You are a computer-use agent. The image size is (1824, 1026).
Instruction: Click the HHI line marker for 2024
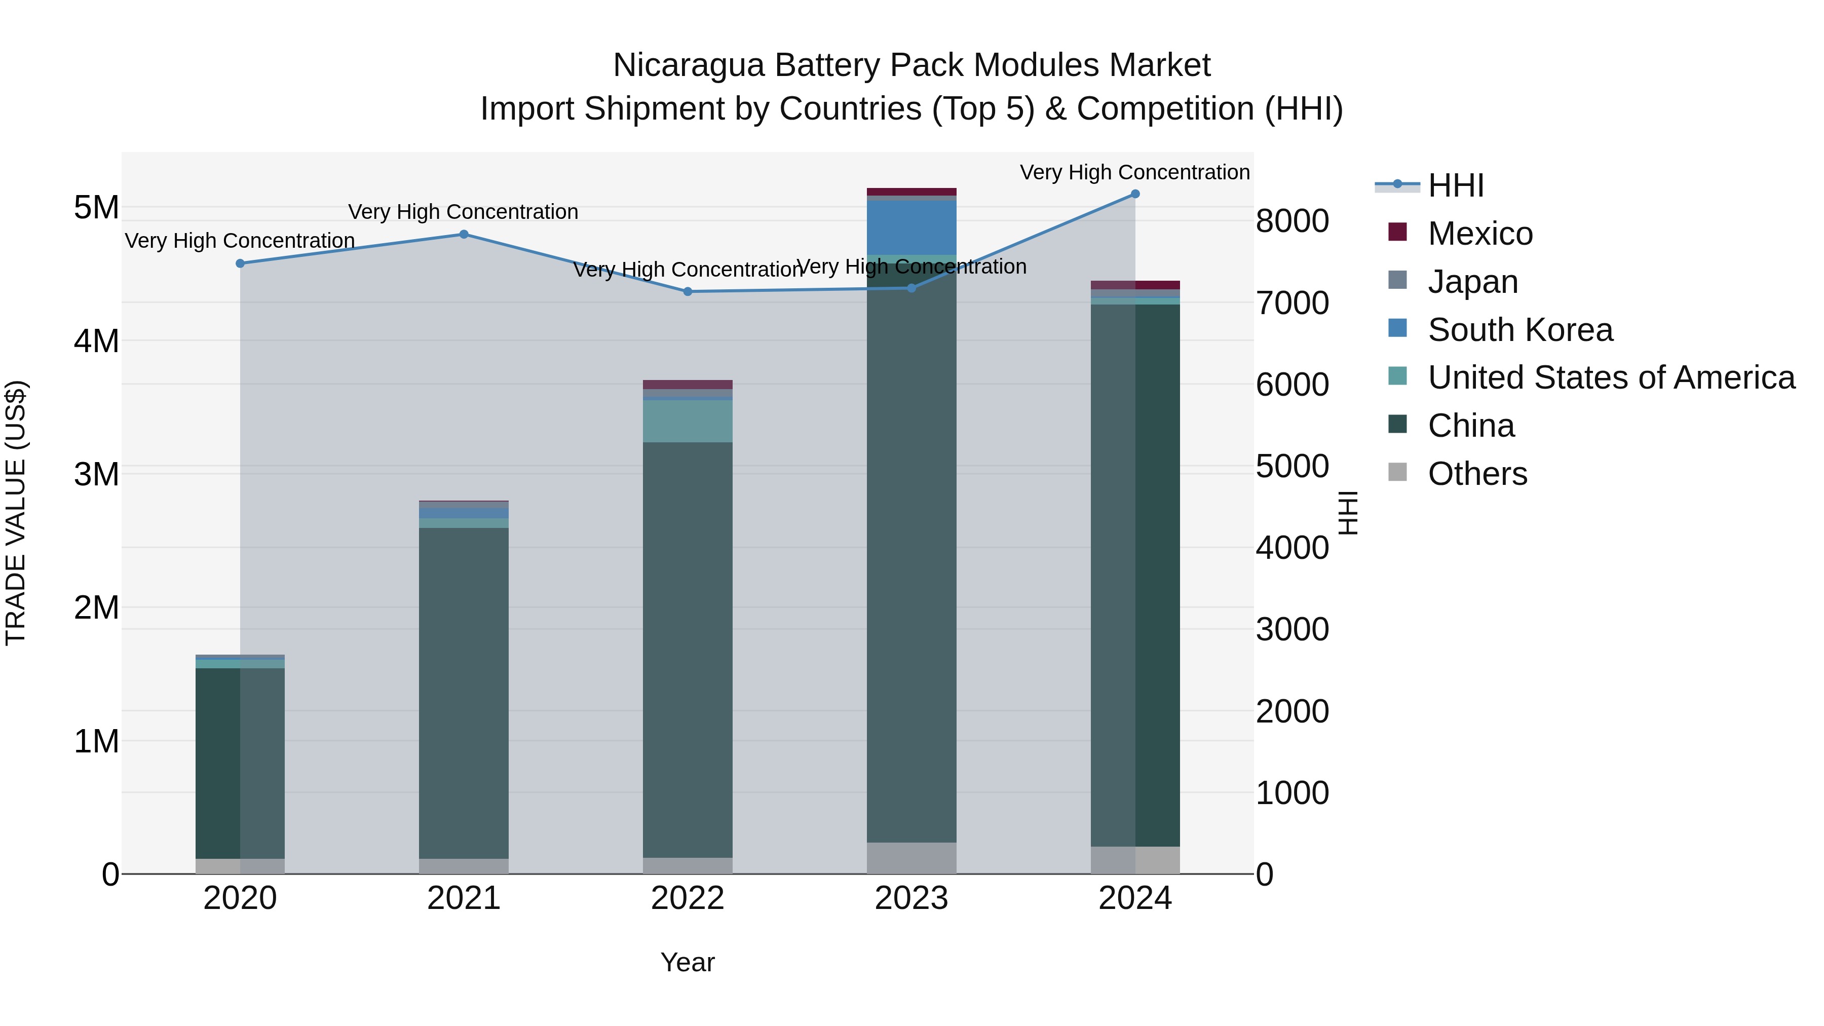pyautogui.click(x=1135, y=194)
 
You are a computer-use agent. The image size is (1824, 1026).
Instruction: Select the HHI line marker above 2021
pyautogui.click(x=464, y=235)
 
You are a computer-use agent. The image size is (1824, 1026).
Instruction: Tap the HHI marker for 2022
pyautogui.click(x=688, y=292)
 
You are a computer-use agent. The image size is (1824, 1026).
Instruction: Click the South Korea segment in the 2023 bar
pyautogui.click(x=911, y=227)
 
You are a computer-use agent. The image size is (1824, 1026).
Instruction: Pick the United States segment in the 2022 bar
pyautogui.click(x=688, y=422)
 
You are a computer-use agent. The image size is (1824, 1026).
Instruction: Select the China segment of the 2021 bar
pyautogui.click(x=464, y=694)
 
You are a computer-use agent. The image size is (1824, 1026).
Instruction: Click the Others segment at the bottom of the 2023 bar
pyautogui.click(x=911, y=858)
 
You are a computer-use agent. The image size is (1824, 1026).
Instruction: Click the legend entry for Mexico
pyautogui.click(x=1480, y=234)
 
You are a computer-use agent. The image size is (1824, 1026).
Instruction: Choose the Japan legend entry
pyautogui.click(x=1473, y=282)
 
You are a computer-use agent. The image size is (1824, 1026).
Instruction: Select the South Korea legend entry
pyautogui.click(x=1519, y=330)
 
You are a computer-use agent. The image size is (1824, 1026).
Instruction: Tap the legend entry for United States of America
pyautogui.click(x=1611, y=377)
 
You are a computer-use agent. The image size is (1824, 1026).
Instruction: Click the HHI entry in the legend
pyautogui.click(x=1455, y=185)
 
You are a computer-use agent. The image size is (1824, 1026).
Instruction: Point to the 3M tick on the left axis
pyautogui.click(x=96, y=474)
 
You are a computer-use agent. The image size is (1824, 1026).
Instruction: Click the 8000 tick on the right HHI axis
pyautogui.click(x=1292, y=221)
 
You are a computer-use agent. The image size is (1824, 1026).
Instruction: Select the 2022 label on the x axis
pyautogui.click(x=688, y=898)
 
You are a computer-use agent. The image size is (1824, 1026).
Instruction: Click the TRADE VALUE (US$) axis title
pyautogui.click(x=16, y=513)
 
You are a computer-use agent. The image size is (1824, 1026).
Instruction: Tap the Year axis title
pyautogui.click(x=688, y=962)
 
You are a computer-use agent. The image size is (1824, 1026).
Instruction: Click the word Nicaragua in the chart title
pyautogui.click(x=688, y=65)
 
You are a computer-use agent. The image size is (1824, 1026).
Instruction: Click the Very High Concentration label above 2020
pyautogui.click(x=240, y=241)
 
